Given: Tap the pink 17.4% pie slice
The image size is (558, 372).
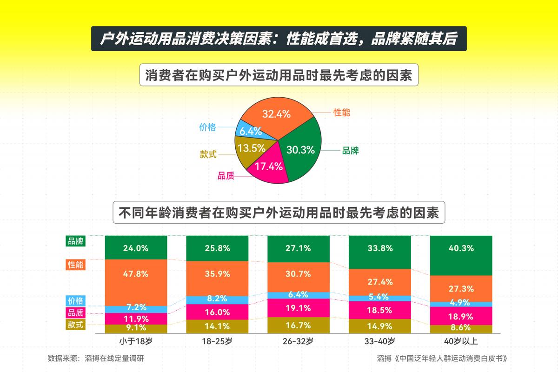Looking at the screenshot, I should point(267,166).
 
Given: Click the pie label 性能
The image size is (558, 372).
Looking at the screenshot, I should point(342,112).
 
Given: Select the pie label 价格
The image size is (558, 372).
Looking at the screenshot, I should point(207,127).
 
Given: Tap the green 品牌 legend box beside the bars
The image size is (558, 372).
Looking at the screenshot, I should point(76,241).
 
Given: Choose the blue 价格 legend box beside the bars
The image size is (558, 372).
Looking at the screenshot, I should point(76,301).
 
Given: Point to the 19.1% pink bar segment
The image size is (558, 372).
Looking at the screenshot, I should point(298,308).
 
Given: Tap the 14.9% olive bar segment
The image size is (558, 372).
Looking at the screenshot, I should point(379,326).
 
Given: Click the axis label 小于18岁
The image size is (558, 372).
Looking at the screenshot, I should point(135,341).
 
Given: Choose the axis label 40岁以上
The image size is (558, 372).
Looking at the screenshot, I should point(461,341).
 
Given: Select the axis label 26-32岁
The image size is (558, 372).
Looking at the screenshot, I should point(298,341).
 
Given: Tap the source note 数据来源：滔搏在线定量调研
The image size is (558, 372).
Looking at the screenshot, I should point(99,359).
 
